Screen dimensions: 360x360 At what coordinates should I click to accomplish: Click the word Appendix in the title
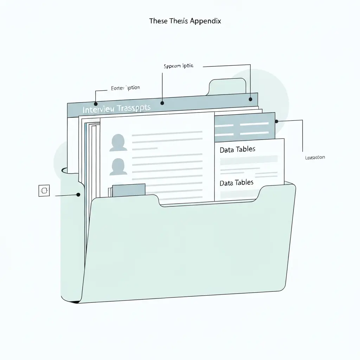pyautogui.click(x=205, y=21)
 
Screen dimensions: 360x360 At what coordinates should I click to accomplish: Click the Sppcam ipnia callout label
pyautogui.click(x=178, y=66)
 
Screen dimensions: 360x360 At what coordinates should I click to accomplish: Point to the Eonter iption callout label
pyautogui.click(x=125, y=88)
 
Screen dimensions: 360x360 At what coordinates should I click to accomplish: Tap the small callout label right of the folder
pyautogui.click(x=315, y=157)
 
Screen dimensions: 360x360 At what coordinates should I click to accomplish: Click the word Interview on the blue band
pyautogui.click(x=98, y=110)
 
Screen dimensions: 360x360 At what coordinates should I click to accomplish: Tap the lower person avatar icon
pyautogui.click(x=118, y=167)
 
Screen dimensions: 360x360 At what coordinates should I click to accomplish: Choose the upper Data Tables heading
pyautogui.click(x=237, y=149)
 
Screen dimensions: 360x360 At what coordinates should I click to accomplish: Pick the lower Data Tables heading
pyautogui.click(x=236, y=183)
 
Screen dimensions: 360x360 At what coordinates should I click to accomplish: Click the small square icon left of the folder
pyautogui.click(x=44, y=190)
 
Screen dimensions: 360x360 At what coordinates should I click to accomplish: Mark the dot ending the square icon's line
pyautogui.click(x=78, y=194)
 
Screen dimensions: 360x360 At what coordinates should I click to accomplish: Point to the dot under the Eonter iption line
pyautogui.click(x=95, y=104)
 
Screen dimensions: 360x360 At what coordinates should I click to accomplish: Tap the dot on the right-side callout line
pyautogui.click(x=277, y=121)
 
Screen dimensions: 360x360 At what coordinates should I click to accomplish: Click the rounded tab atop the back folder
pyautogui.click(x=227, y=86)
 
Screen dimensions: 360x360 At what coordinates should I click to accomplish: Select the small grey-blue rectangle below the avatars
pyautogui.click(x=129, y=189)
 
